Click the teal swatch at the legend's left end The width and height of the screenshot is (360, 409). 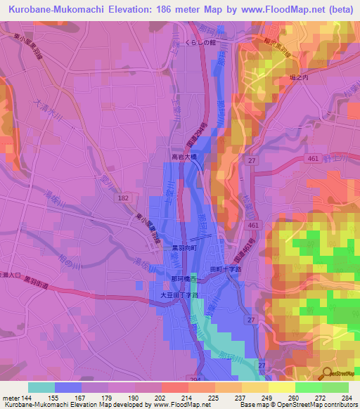(41, 387)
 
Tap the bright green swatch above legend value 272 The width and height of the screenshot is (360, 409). (308, 387)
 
